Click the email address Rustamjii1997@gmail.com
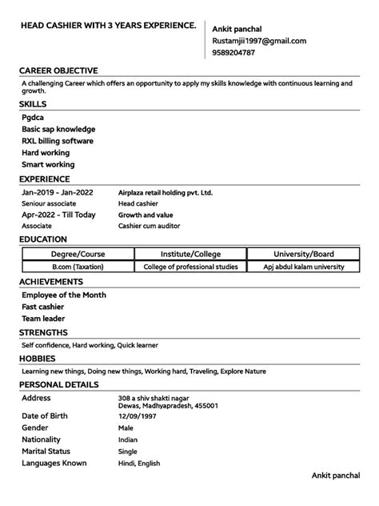[x=259, y=41]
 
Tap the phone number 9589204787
[x=233, y=53]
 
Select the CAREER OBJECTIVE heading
[x=58, y=70]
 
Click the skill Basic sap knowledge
[x=58, y=129]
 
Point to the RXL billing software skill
[x=58, y=141]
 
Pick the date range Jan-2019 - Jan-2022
[x=58, y=192]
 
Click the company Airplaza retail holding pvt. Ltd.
[x=166, y=192]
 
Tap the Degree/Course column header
[x=78, y=255]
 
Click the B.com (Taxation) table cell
[x=78, y=267]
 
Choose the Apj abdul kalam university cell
[x=304, y=267]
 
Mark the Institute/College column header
[x=191, y=255]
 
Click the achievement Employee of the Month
[x=64, y=295]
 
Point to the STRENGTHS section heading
[x=43, y=332]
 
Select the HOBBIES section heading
[x=38, y=358]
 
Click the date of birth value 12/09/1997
[x=136, y=416]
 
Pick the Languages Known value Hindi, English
[x=139, y=463]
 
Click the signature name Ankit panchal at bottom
[x=337, y=476]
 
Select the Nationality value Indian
[x=128, y=440]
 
